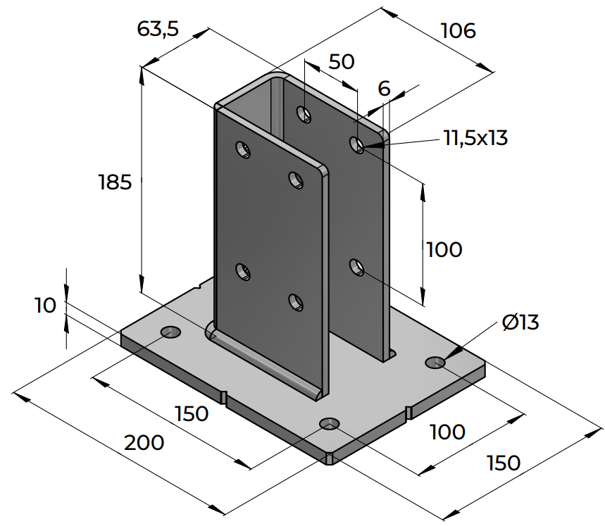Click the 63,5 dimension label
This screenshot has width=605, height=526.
[158, 29]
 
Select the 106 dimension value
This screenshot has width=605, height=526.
[458, 31]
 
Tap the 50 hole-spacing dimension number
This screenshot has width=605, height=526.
[342, 62]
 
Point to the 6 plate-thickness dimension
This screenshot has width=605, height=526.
[384, 89]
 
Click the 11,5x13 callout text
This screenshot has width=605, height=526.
[475, 138]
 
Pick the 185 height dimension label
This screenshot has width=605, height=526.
[115, 183]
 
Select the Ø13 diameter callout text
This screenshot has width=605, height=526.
[520, 323]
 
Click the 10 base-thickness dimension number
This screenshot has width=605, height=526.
[44, 306]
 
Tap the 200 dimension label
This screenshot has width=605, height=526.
[144, 443]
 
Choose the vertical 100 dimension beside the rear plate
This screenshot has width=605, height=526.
[444, 249]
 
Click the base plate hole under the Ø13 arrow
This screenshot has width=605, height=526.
[435, 363]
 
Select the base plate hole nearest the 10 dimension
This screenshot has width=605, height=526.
[170, 332]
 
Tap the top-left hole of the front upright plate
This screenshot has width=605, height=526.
[242, 149]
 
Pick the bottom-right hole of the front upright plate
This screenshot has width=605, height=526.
[294, 302]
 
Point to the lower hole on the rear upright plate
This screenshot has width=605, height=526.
[357, 267]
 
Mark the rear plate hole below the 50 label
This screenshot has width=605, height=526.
[304, 113]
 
